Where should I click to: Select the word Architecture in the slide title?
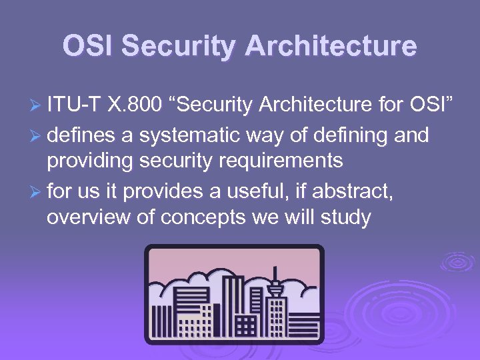331,46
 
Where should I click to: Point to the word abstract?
355,193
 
